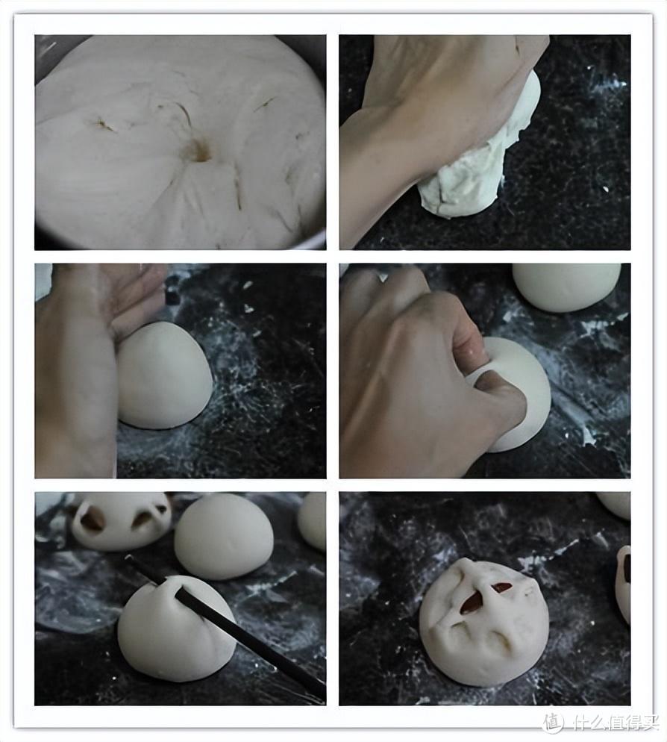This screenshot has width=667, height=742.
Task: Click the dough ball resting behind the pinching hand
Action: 567,287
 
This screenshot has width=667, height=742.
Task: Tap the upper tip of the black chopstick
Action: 128,557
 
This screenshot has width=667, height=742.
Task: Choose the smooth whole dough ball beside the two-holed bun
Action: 224,536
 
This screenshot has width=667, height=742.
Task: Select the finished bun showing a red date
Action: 483,621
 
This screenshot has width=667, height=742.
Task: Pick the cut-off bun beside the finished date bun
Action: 623,584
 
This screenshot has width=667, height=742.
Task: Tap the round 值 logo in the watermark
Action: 554,722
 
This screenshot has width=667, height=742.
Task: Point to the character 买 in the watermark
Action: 651,722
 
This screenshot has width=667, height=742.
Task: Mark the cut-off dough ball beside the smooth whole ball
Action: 312,520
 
